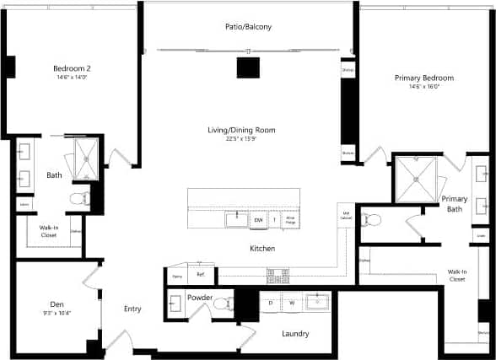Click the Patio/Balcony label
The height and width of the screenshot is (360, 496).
248,27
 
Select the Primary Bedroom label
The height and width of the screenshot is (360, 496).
418,78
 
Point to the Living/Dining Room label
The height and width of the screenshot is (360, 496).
241,130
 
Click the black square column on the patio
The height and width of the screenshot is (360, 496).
247,67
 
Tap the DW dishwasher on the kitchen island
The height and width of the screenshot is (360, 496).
259,220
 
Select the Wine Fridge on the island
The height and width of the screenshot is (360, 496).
289,220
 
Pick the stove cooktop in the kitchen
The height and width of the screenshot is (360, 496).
278,275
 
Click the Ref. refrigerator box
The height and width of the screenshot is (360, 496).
201,275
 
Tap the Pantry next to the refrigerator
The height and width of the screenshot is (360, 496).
177,276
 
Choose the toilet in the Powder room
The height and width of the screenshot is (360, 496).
222,304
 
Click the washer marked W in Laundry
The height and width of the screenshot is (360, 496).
292,302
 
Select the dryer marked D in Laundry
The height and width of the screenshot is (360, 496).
270,302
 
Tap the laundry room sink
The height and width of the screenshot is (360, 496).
317,302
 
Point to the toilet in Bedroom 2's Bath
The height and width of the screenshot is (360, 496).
80,199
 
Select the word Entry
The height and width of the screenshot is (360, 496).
132,309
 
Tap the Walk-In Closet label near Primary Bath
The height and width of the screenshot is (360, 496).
456,275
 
